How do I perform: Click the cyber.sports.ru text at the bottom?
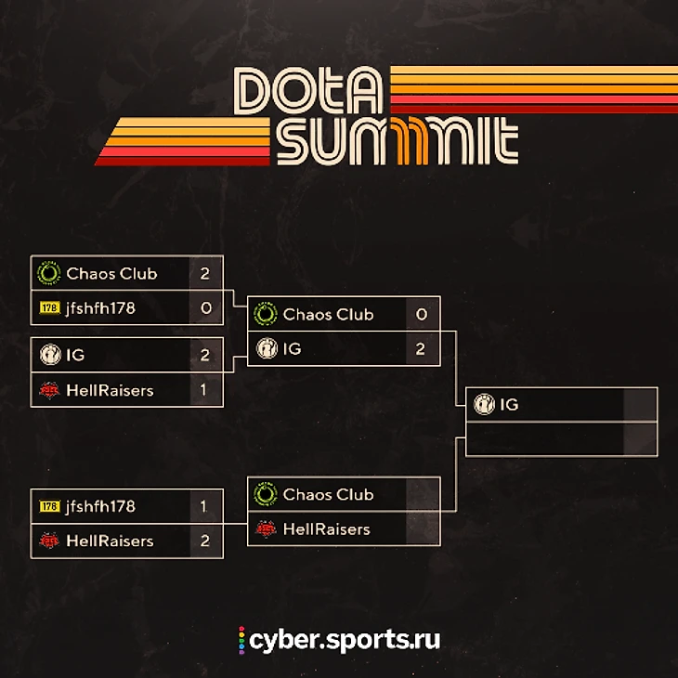tap(345, 640)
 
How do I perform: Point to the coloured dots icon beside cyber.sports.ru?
tap(242, 640)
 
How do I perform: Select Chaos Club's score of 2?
tap(205, 273)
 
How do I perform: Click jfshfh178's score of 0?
tap(205, 307)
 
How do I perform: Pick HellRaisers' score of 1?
tap(205, 390)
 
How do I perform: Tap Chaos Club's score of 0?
tap(422, 314)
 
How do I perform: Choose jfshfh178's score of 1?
tap(205, 506)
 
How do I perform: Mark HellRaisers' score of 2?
tap(205, 541)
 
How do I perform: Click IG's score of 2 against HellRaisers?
tap(205, 355)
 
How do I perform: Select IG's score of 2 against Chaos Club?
tap(422, 349)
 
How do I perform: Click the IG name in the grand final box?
tap(509, 404)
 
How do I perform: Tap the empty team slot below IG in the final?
tap(544, 438)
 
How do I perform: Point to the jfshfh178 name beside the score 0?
tap(100, 307)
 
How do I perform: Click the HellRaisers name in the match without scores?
tap(326, 529)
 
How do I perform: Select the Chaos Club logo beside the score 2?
tap(48, 273)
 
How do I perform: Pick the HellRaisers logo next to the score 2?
tap(48, 541)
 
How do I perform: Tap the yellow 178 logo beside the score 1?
tap(49, 506)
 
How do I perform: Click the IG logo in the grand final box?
tap(484, 404)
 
